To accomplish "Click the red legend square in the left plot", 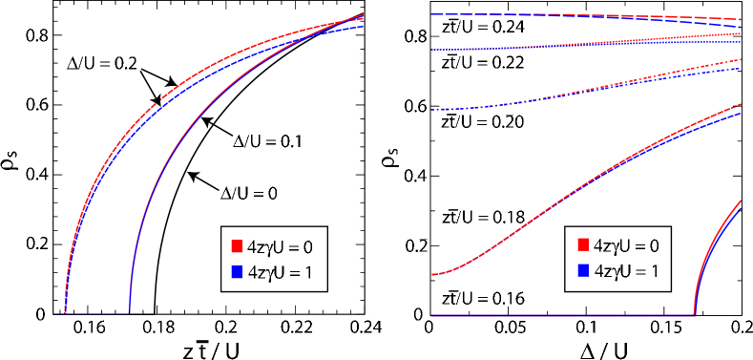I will pos(236,246).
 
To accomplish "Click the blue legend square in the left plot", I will pos(236,272).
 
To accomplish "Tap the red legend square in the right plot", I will pos(583,244).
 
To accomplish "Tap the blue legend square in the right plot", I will pos(583,270).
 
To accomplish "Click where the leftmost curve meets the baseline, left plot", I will pos(65,312).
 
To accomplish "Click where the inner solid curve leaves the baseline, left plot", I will pos(130,312).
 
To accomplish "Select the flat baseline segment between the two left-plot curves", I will pos(97,313).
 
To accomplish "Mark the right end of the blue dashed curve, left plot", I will pos(364,27).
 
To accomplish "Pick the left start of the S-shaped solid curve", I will pos(431,275).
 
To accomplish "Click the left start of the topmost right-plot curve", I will pos(431,14).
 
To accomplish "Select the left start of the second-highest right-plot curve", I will pos(431,50).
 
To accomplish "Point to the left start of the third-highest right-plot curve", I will pos(431,110).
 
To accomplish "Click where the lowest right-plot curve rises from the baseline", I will pos(694,313).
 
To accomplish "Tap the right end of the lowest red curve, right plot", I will pos(741,201).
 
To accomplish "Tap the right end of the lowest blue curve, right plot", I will pos(741,209).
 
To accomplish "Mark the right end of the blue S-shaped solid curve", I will pos(741,114).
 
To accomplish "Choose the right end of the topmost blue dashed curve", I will pos(741,27).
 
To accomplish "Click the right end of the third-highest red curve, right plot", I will pos(741,60).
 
